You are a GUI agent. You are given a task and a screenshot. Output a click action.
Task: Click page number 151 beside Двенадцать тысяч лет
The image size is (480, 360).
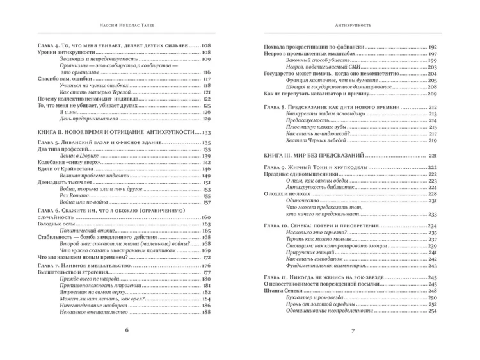pos(206,183)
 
